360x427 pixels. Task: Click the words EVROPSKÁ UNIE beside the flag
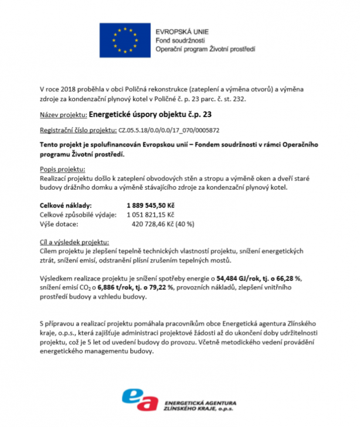(181, 30)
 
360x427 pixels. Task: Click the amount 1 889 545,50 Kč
(150, 206)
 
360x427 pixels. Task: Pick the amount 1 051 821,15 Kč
(150, 214)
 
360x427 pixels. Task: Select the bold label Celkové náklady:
(66, 206)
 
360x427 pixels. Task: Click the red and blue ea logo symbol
(140, 399)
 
